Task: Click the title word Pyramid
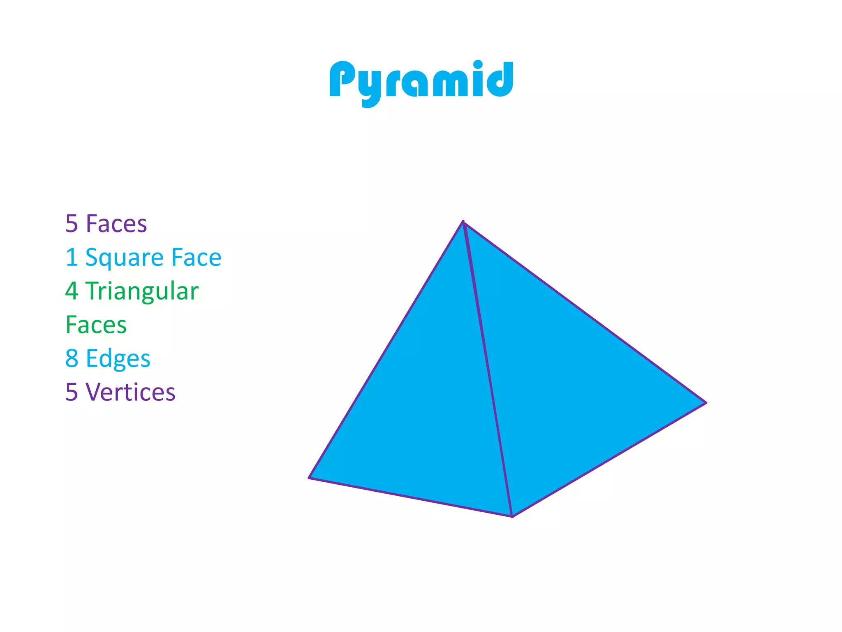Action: coord(421,80)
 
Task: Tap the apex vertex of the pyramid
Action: coord(463,222)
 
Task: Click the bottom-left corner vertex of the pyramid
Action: coord(309,478)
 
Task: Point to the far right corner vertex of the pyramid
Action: coord(706,403)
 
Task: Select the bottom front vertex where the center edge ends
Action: coord(512,516)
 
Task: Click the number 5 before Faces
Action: coord(72,224)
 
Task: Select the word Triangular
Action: coord(142,292)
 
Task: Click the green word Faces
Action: coord(96,325)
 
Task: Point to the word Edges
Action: coord(118,359)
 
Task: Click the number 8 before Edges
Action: coord(72,358)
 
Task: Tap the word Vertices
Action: coord(130,392)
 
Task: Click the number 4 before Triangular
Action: coord(72,291)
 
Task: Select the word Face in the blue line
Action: coord(196,258)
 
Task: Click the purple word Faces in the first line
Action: coord(116,224)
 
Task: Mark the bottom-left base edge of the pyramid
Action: coord(410,497)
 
